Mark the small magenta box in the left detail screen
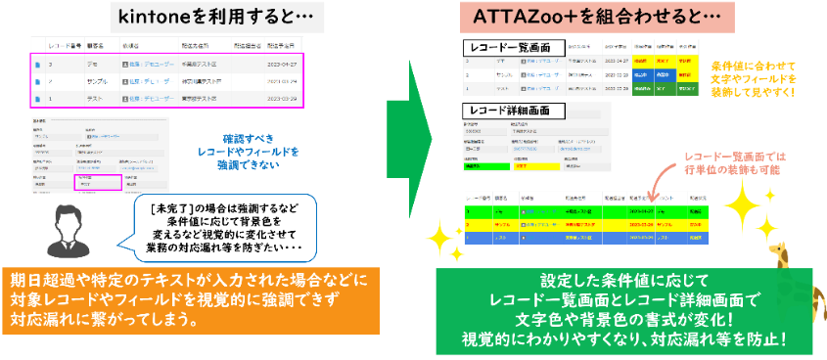99,182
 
